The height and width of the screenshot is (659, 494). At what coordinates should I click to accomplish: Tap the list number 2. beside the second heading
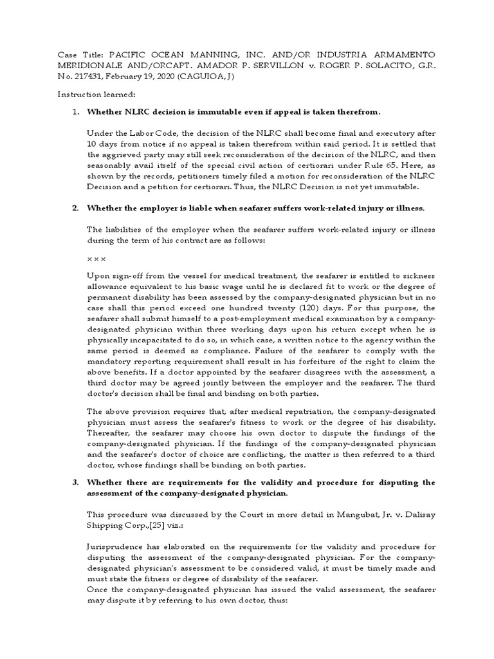pyautogui.click(x=75, y=209)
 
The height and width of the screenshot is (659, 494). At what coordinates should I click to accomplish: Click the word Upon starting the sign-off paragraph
pyautogui.click(x=99, y=276)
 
